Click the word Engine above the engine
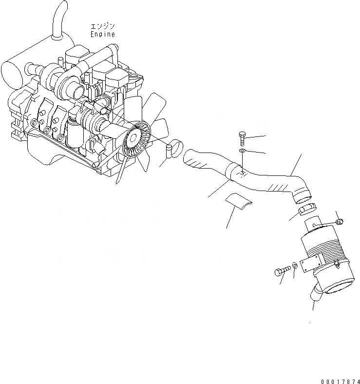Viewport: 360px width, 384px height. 103,34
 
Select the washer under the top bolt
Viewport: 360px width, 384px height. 243,153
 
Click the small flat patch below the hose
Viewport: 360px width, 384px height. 237,200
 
